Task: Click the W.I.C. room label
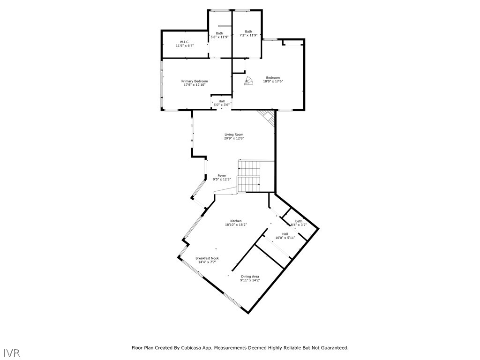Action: (x=185, y=42)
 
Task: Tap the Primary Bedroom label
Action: (x=195, y=81)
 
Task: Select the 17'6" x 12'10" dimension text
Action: (x=195, y=85)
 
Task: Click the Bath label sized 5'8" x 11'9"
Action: (x=219, y=33)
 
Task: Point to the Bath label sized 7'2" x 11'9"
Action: (x=248, y=31)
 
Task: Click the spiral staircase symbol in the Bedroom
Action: (x=249, y=81)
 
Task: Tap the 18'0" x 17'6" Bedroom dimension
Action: (x=273, y=82)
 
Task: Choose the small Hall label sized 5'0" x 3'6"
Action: (x=222, y=101)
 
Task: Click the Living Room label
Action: (x=234, y=135)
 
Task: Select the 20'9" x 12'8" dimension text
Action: (x=234, y=138)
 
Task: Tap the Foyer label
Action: (x=222, y=176)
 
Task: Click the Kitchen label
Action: (x=236, y=221)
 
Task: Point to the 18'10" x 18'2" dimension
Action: (x=236, y=225)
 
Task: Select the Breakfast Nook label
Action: (x=207, y=258)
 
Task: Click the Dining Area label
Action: (x=250, y=277)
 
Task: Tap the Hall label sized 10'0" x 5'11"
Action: (x=285, y=234)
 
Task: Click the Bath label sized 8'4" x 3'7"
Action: (x=299, y=221)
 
